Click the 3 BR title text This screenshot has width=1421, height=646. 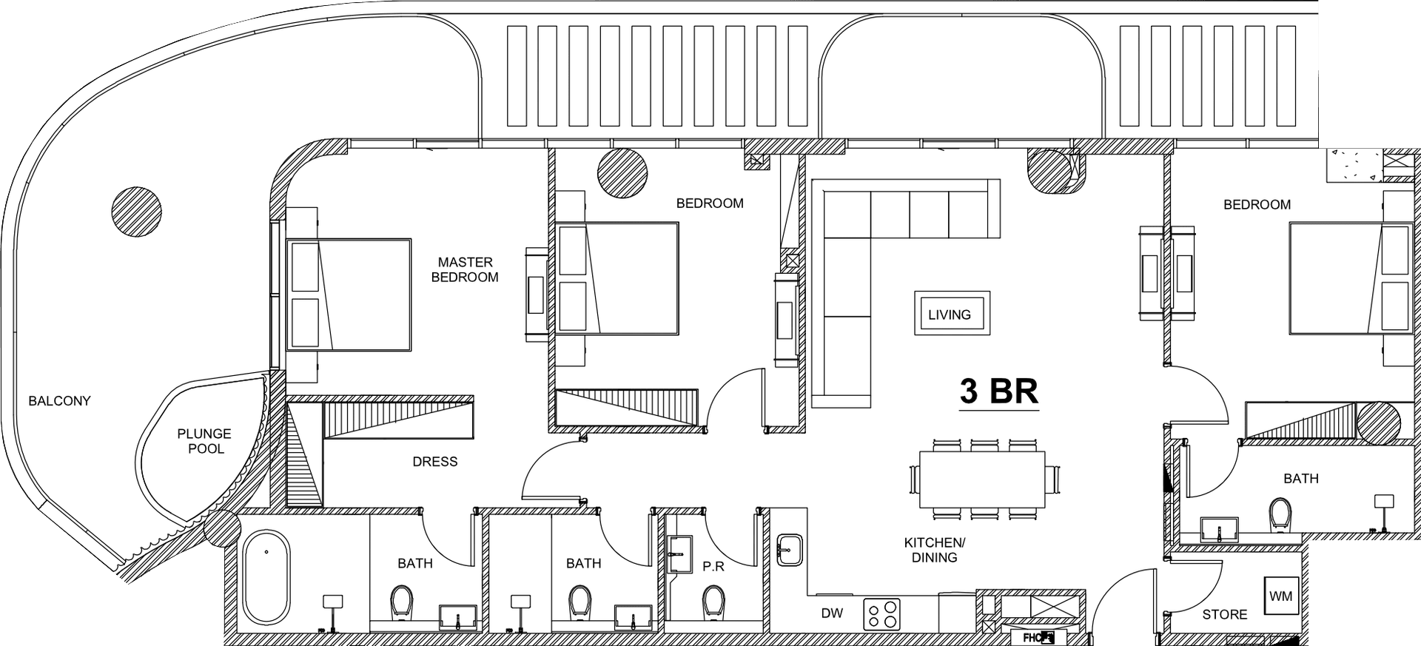click(x=998, y=391)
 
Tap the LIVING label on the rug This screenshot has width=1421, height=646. click(x=950, y=314)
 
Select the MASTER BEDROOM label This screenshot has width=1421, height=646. click(x=465, y=269)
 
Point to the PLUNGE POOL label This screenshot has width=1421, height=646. click(x=204, y=441)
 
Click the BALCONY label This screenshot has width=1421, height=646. click(x=59, y=401)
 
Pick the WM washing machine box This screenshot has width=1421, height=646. click(x=1281, y=596)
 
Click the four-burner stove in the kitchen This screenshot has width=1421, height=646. click(x=882, y=613)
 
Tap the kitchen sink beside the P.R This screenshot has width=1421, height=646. click(x=790, y=550)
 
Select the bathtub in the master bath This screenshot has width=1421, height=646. click(x=266, y=576)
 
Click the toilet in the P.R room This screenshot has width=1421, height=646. click(x=713, y=602)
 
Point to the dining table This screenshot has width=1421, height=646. click(x=983, y=480)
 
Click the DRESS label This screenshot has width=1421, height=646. click(x=435, y=462)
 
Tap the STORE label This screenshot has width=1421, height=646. click(x=1225, y=614)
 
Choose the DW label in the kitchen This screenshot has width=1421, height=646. click(x=832, y=613)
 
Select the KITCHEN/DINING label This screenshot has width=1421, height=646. click(x=935, y=550)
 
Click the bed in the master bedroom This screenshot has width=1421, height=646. click(x=349, y=295)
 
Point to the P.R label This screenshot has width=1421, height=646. click(x=713, y=567)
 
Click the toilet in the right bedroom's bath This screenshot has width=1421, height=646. click(x=1280, y=515)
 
